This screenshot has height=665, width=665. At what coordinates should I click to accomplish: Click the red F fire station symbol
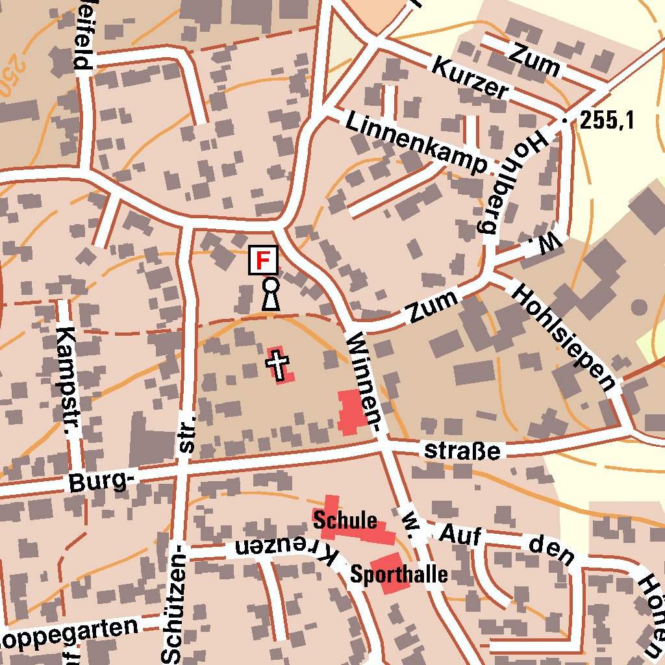263,260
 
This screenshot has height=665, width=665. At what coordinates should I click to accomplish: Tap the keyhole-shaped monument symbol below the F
271,294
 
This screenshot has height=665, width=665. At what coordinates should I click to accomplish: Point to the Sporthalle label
399,575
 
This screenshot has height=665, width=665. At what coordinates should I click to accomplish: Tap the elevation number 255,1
607,120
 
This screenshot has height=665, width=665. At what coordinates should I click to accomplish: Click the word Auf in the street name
460,535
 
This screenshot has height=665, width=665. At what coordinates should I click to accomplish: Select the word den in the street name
551,551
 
